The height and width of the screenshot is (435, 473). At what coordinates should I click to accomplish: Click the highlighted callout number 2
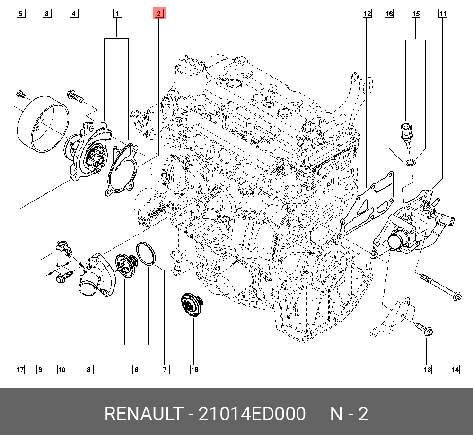click(x=158, y=14)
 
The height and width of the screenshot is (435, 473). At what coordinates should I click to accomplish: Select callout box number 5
click(x=20, y=14)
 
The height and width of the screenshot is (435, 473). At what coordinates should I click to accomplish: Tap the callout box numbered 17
click(x=19, y=369)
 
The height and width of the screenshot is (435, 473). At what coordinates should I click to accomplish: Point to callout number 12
click(x=367, y=14)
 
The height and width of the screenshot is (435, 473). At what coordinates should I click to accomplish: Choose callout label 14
click(x=455, y=369)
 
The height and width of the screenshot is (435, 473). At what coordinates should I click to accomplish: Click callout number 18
click(x=194, y=369)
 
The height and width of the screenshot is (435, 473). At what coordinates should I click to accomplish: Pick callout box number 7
click(x=165, y=369)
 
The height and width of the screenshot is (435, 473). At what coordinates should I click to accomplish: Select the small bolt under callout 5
click(x=20, y=94)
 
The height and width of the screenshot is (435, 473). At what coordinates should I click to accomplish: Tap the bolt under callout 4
click(x=76, y=97)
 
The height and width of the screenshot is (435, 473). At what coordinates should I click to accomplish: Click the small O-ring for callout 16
click(x=411, y=163)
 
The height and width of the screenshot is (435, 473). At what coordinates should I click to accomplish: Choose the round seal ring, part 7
click(x=146, y=253)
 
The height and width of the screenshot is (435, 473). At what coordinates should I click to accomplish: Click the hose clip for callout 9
click(x=62, y=246)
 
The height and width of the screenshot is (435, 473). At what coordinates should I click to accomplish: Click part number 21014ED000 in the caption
click(x=252, y=414)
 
